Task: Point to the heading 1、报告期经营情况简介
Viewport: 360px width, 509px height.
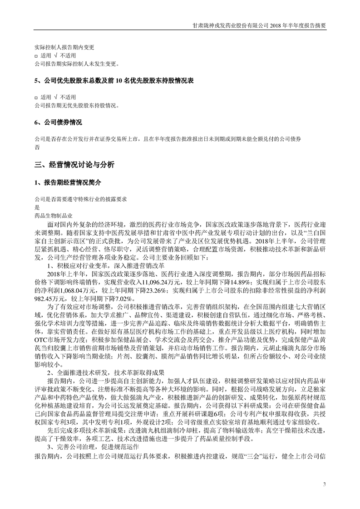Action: pos(68,182)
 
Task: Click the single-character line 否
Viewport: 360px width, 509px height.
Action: pos(37,147)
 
